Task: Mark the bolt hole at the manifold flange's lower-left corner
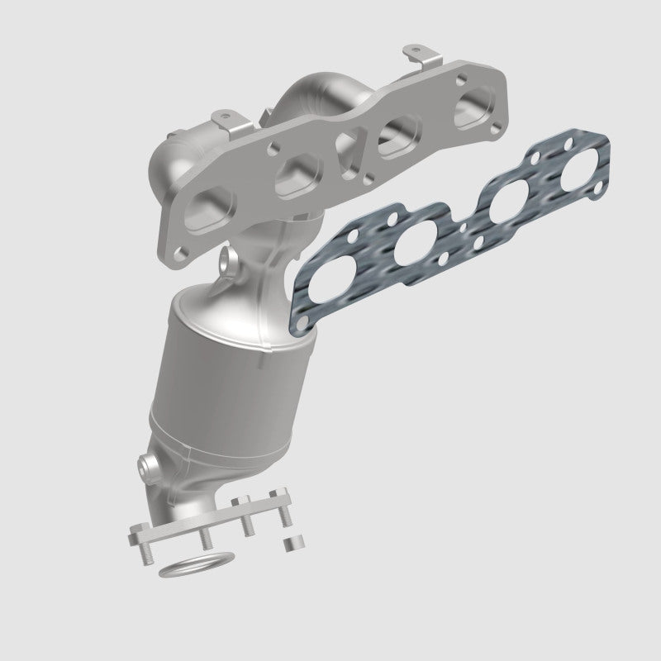[180, 245]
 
